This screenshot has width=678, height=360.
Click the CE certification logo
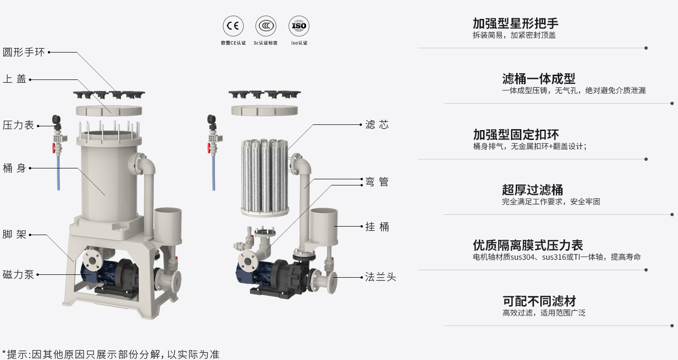click(233, 26)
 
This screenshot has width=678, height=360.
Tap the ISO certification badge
click(299, 26)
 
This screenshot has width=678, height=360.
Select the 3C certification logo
click(266, 26)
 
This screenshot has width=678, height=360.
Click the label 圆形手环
click(24, 52)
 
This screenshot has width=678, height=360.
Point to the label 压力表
click(18, 125)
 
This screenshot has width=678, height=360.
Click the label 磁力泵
click(18, 274)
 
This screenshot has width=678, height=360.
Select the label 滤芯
click(377, 125)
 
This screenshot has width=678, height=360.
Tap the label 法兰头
click(380, 277)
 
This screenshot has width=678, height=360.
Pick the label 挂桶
click(377, 227)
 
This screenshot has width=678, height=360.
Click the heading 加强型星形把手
click(515, 23)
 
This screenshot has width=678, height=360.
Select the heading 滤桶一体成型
click(538, 79)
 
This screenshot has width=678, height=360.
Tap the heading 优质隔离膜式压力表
click(528, 245)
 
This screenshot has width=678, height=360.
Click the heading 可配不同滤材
click(539, 301)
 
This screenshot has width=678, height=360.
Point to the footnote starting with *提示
click(111, 354)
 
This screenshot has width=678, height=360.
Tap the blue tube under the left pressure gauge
click(58, 173)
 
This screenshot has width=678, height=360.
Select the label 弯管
click(377, 182)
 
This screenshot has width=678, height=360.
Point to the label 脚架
click(15, 234)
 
